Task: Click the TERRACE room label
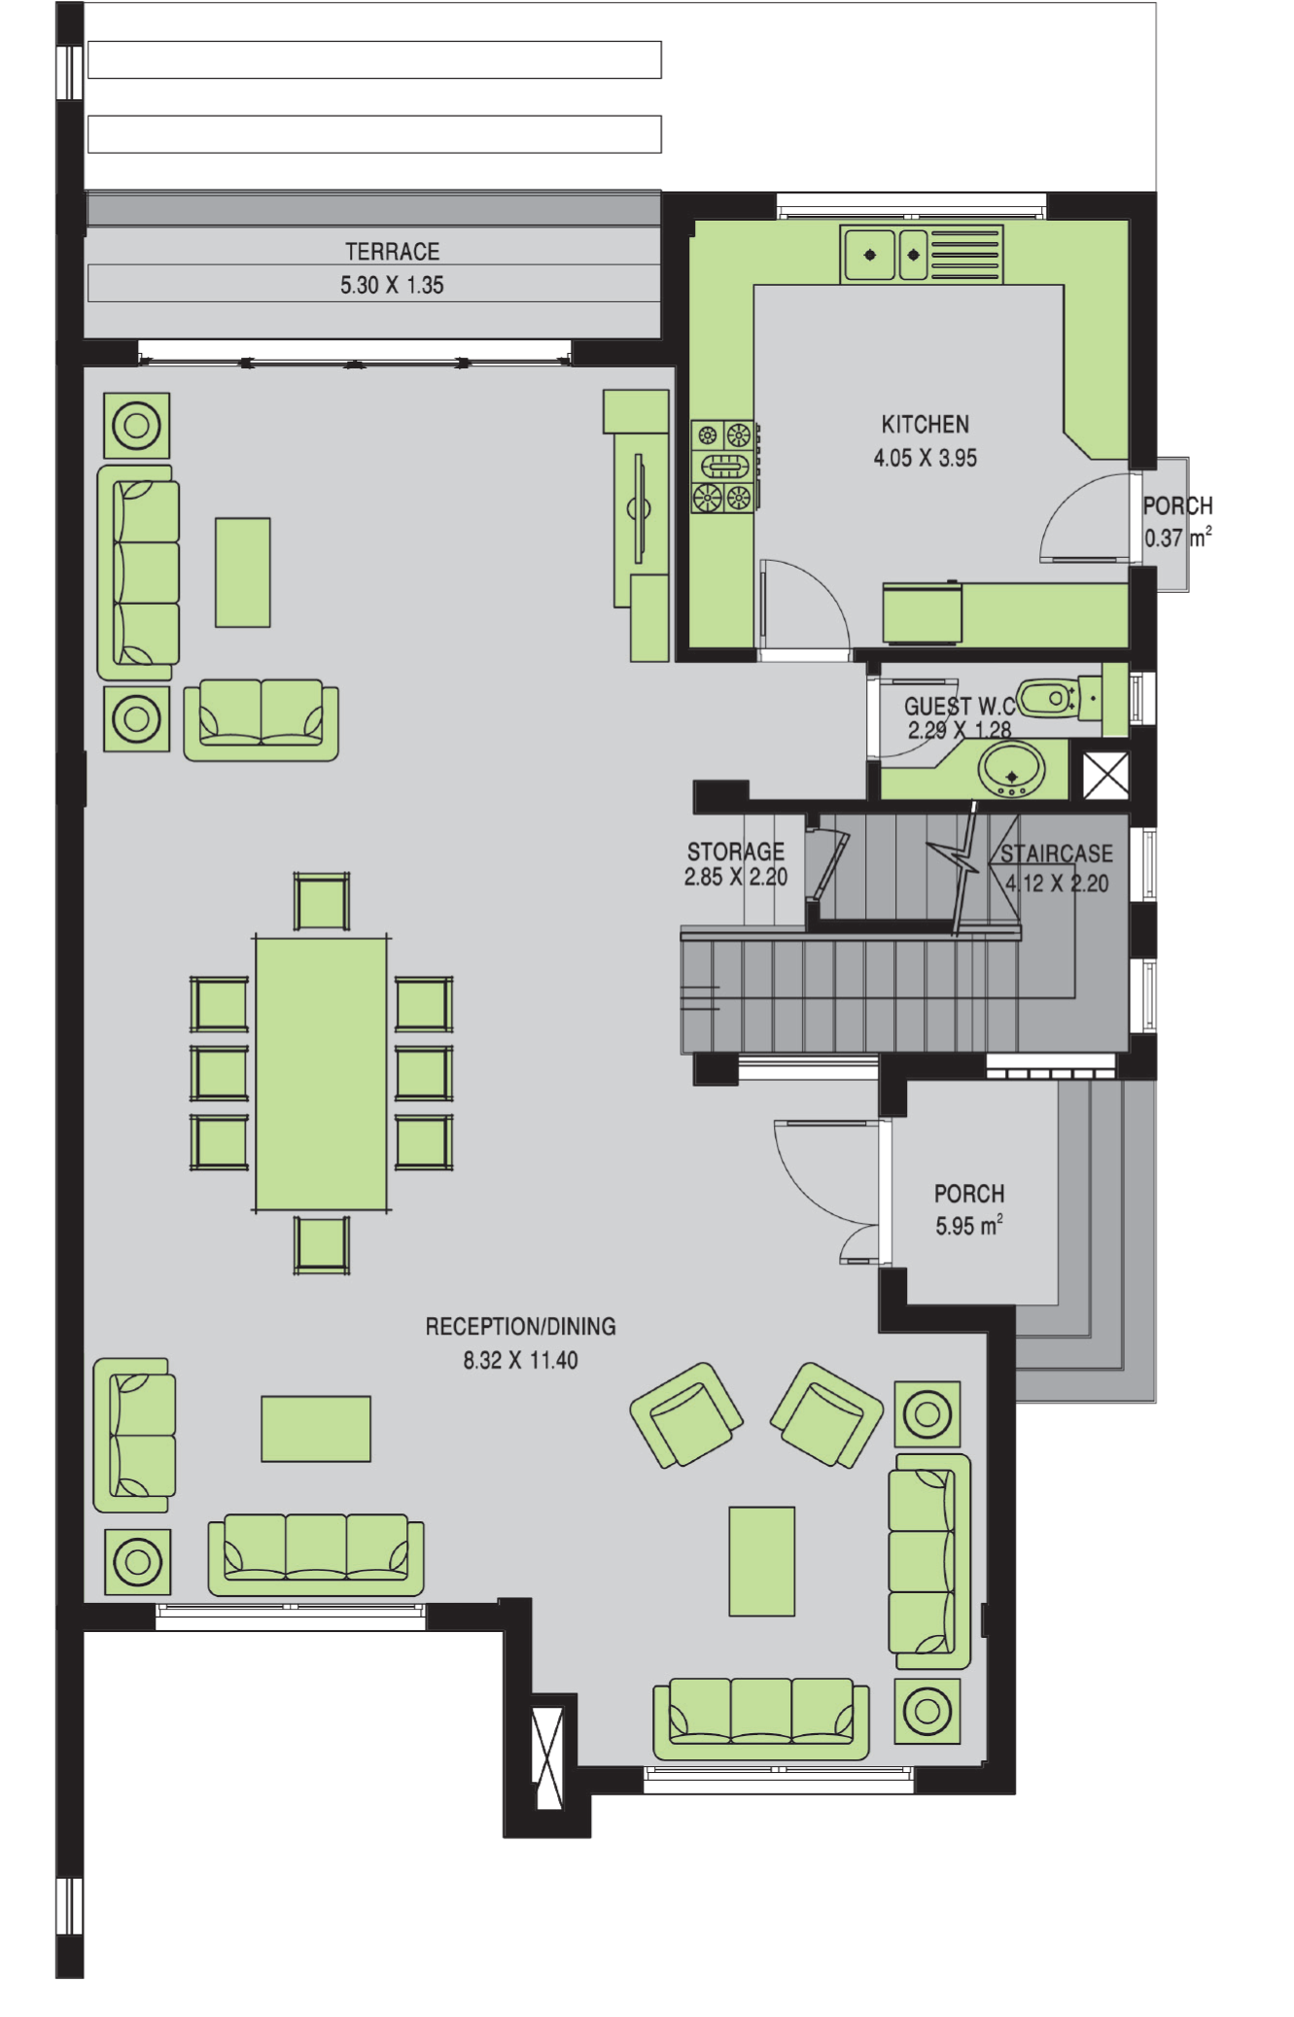pyautogui.click(x=392, y=252)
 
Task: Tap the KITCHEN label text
pyautogui.click(x=925, y=425)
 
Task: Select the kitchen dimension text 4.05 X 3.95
pyautogui.click(x=925, y=458)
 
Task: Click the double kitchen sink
pyautogui.click(x=885, y=255)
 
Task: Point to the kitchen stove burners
pyautogui.click(x=723, y=467)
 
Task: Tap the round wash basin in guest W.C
pyautogui.click(x=1011, y=769)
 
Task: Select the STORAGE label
pyautogui.click(x=735, y=852)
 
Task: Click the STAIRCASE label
pyautogui.click(x=1057, y=853)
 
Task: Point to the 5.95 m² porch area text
pyautogui.click(x=968, y=1226)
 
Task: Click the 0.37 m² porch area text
pyautogui.click(x=1177, y=537)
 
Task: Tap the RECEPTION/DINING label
pyautogui.click(x=520, y=1327)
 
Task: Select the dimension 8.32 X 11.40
pyautogui.click(x=520, y=1360)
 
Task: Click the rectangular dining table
pyautogui.click(x=321, y=1073)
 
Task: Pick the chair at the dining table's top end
pyautogui.click(x=322, y=901)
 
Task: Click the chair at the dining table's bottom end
pyautogui.click(x=322, y=1244)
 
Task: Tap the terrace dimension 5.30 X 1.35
pyautogui.click(x=392, y=286)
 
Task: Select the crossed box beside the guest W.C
pyautogui.click(x=1105, y=775)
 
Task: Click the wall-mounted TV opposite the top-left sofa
pyautogui.click(x=639, y=507)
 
